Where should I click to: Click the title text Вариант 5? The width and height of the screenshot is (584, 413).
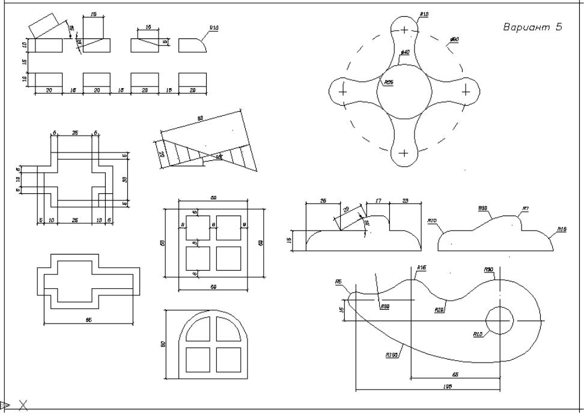coord(532,28)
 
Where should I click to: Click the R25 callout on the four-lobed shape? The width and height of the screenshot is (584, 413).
coord(389,82)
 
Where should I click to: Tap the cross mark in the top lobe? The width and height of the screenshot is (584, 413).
coord(404,29)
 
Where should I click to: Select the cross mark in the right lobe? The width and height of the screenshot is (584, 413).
coord(466,91)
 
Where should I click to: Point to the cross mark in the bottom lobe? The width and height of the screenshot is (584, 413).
coord(404,152)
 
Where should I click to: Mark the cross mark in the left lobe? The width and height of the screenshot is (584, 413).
coord(343,91)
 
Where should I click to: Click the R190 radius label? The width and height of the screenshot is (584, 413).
coord(391,355)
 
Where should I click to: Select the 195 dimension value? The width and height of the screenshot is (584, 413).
coord(447,387)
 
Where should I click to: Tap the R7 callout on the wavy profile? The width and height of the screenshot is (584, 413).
coord(525,209)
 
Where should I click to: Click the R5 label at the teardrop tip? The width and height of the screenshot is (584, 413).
coord(339,281)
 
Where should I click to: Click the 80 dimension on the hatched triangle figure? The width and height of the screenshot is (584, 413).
coord(200,118)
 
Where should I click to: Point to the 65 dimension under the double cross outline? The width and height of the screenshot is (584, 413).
coord(89,320)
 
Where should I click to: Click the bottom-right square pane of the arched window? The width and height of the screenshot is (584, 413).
coord(228,359)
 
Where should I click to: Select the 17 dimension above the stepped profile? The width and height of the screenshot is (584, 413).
coord(379,200)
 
